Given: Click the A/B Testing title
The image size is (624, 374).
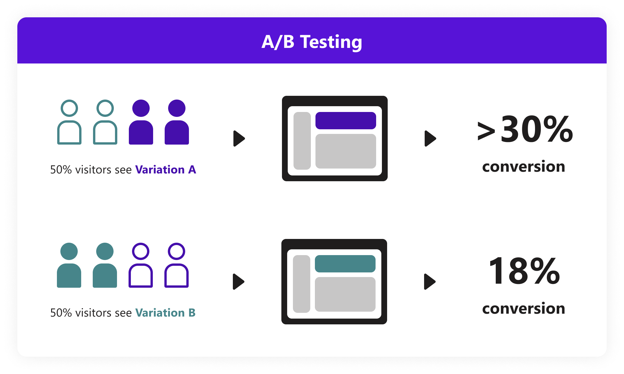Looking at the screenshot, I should tap(312, 42).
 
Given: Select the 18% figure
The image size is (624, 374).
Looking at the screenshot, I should tap(524, 271).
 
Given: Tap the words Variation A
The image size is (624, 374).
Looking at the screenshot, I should tap(166, 170).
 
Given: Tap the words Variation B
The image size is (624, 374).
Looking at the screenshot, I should tap(165, 313).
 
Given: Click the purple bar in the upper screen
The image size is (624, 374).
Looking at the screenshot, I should tap(346, 121).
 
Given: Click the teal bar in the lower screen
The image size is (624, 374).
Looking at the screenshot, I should tap(345, 264).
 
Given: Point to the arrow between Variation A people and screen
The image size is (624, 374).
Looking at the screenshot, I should tap(239, 139).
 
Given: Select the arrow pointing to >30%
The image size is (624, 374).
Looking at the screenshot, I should tap(430, 139).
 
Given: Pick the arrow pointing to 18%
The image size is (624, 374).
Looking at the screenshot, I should tap(429, 282).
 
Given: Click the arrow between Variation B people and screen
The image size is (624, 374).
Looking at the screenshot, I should tap(238, 282).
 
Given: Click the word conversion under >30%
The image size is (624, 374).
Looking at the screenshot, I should tap(523, 167).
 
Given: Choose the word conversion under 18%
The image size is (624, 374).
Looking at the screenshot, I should tap(523, 308).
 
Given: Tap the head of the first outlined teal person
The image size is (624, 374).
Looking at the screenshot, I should tap(69, 108).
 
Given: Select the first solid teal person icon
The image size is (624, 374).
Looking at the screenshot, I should tap(69, 265).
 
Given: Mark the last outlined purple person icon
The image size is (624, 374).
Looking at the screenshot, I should tap(177, 265).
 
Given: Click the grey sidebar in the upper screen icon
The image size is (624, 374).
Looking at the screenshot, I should tap(302, 141).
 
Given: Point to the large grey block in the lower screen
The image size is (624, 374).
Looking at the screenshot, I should tap(345, 294).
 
